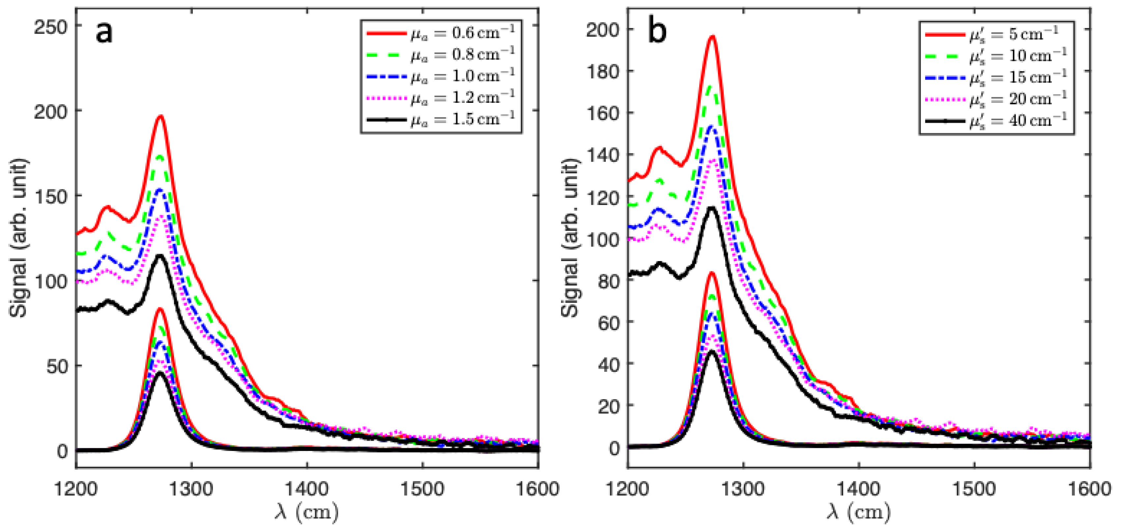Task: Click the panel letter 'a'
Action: (x=103, y=33)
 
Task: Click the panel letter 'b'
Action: (x=657, y=33)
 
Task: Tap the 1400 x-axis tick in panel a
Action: (x=307, y=489)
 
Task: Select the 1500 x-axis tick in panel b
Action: (x=974, y=489)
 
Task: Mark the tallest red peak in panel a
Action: (x=161, y=116)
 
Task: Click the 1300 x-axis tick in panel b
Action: (x=743, y=489)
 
